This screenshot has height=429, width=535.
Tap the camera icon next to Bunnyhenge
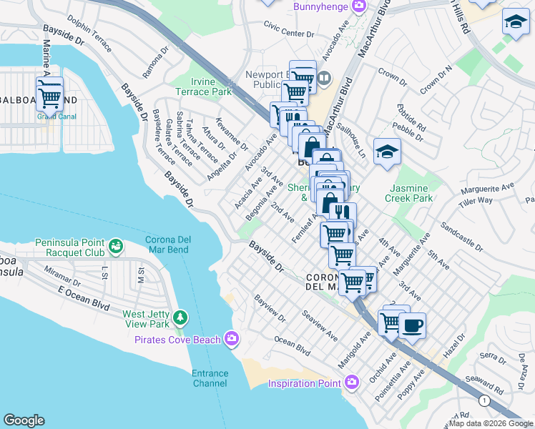pos(359,6)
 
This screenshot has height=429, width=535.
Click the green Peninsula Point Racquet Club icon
pos(115,248)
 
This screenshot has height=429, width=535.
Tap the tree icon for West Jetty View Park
pos(182,316)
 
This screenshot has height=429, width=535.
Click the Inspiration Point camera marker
pos(350,383)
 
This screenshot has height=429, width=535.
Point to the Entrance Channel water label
pos(210,378)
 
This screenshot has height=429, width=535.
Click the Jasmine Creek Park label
pos(411,192)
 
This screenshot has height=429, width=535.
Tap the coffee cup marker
pos(411,326)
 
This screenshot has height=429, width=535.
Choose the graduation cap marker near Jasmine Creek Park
pos(387,152)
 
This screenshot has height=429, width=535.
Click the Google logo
pos(24,420)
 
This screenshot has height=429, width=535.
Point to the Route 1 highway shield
pos(485,401)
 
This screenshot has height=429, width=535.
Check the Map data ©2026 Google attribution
pos(490,423)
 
